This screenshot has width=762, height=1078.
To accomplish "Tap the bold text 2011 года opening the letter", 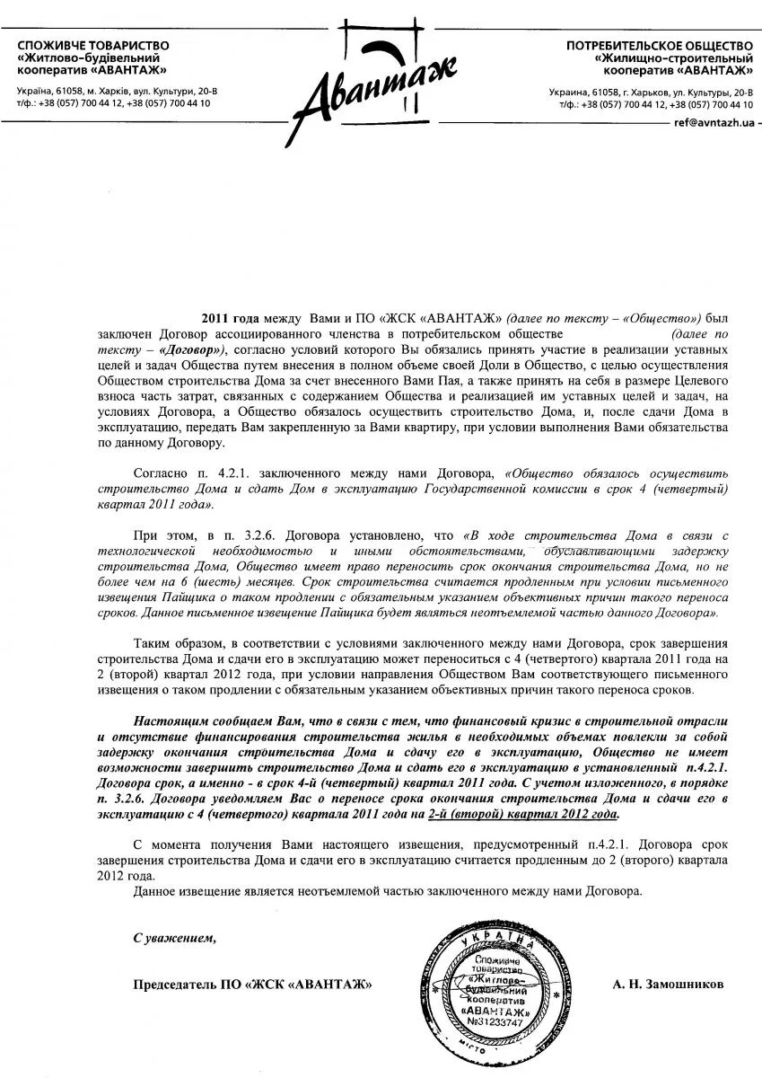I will pos(230,319).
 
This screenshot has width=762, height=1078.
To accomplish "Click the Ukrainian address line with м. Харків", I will pos(117,92).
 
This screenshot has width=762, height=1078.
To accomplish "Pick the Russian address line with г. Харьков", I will pos(651,93).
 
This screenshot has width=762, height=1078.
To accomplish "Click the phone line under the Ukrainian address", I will pos(113,103).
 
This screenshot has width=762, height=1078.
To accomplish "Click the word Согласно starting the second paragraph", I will pos(159,472).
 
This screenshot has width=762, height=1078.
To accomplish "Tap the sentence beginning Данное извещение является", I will pos(386,891).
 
